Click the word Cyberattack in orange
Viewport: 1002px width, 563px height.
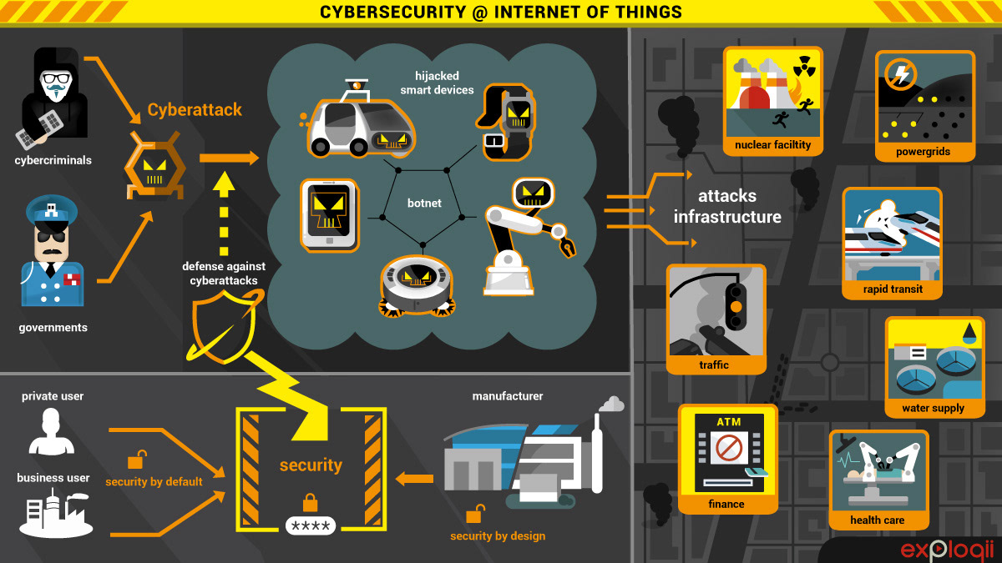coord(195,109)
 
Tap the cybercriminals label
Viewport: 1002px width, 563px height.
coord(53,159)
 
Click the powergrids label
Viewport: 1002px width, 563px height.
coord(924,153)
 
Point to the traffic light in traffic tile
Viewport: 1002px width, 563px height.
coord(736,306)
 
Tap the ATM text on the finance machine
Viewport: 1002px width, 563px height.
coord(728,422)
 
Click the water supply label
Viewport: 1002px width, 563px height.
coord(933,408)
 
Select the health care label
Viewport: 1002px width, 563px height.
coord(877,520)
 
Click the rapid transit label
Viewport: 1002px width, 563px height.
coord(893,290)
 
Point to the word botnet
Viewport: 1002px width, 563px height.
coord(423,203)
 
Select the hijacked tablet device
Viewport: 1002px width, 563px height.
coord(329,215)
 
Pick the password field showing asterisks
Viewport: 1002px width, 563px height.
coord(311,525)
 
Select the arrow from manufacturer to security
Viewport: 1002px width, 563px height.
coord(414,478)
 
